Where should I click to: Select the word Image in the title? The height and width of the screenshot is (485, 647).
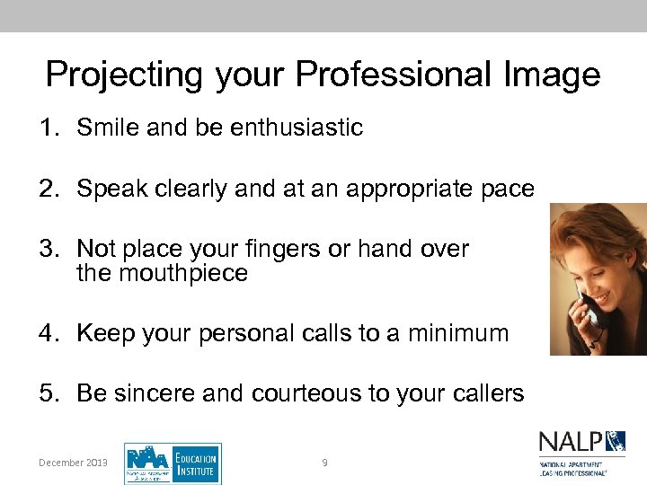point(553,75)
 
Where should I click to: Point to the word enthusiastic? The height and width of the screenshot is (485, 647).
point(297,128)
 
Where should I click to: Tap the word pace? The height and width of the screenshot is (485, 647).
point(507,190)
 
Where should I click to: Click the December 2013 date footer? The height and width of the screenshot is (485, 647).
point(73,463)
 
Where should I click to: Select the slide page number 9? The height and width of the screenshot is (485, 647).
point(324,463)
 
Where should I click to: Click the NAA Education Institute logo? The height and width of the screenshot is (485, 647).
point(172,463)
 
